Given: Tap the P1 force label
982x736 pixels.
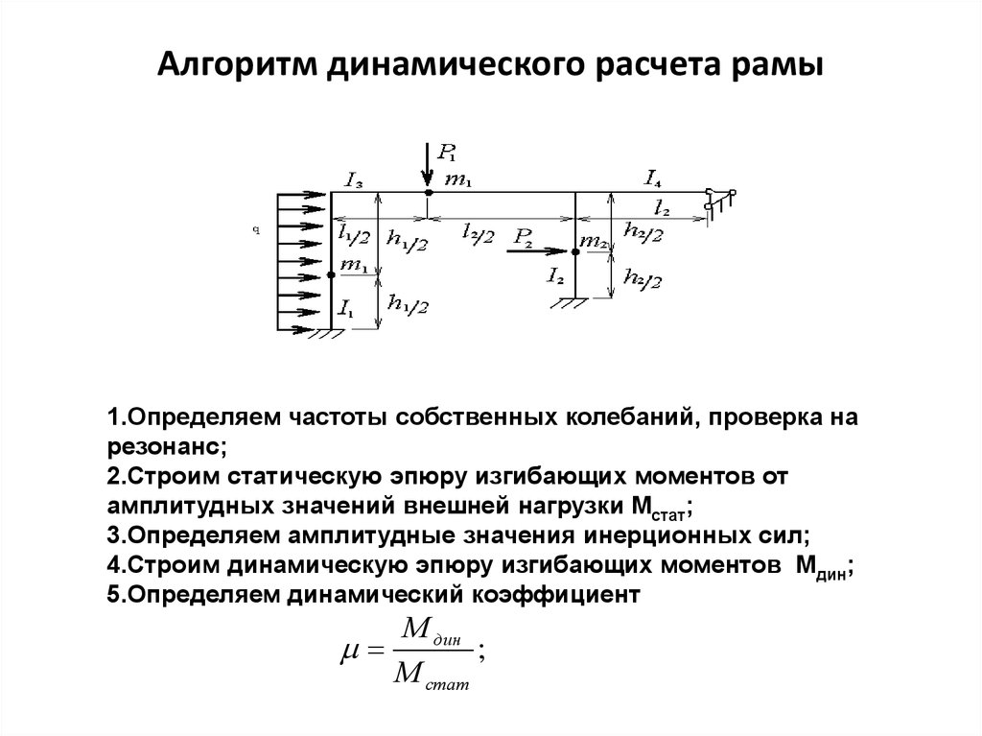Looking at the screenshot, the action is tap(447, 153).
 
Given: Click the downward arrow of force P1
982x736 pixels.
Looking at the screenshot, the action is tap(427, 165).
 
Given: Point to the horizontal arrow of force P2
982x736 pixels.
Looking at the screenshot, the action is tap(537, 250).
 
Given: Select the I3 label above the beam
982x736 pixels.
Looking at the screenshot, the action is tap(354, 181).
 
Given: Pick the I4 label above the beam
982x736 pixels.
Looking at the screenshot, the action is tap(652, 179).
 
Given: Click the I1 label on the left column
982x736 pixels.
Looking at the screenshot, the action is tap(346, 308).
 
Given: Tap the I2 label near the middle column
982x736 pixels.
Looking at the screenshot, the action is tap(555, 275).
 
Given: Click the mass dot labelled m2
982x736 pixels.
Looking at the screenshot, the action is tap(575, 251).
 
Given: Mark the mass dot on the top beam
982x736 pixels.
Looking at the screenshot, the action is tap(428, 192).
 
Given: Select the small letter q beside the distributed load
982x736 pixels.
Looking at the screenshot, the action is tap(256, 230).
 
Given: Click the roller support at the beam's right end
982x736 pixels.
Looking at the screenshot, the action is tap(719, 200).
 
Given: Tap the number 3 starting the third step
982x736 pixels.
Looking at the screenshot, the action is tap(113, 535).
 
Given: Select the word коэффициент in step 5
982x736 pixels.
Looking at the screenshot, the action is tap(555, 594).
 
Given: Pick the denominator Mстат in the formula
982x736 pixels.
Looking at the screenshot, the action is tap(431, 676).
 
